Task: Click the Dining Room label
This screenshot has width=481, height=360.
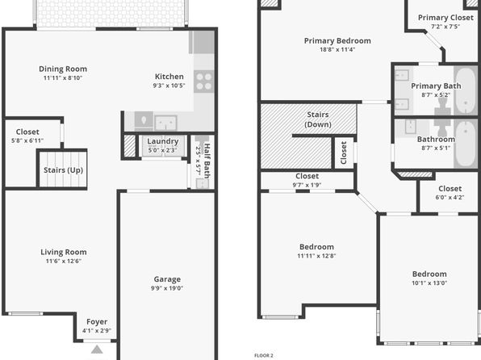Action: coord(63,69)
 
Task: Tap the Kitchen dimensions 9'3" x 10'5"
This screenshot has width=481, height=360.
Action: coord(169,86)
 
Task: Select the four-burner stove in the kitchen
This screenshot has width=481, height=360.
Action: coord(203,82)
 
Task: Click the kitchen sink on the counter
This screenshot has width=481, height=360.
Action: coord(165,123)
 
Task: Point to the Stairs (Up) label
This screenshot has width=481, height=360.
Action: coord(63,170)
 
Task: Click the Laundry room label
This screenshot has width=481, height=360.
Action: coord(162,141)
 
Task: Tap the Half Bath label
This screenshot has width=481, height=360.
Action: coord(207,161)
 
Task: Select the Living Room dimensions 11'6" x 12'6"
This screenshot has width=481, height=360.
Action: coord(64,262)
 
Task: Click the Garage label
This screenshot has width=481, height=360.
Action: coord(167,279)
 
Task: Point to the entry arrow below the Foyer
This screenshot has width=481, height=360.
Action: coord(97,350)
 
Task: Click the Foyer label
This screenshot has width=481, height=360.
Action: coord(97,321)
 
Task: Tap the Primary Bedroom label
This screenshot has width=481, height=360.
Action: coord(337,41)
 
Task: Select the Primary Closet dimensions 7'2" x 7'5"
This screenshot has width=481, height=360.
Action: coord(445,27)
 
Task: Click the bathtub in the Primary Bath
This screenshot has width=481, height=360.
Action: coord(466,90)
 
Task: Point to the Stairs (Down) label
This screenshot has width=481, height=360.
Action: coord(318,119)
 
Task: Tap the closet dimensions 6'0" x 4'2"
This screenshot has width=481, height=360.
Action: coord(450,197)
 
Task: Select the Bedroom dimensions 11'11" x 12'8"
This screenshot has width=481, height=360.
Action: coord(316,256)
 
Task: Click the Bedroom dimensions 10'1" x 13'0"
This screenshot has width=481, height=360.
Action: coord(429,283)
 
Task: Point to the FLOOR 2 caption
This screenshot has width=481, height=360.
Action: coord(264,356)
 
